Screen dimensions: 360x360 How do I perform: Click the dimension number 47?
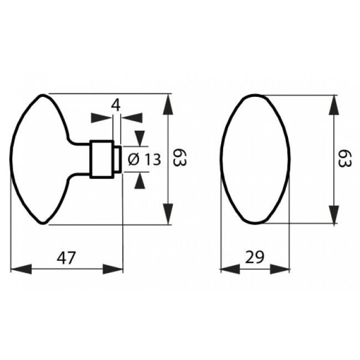(66, 258)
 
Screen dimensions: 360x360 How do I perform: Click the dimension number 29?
(255, 257)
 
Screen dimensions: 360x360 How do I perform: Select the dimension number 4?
(116, 105)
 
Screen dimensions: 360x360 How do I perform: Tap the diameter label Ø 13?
(145, 160)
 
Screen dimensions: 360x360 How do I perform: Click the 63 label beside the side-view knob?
(179, 158)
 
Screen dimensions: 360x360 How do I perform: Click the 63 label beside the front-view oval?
(344, 158)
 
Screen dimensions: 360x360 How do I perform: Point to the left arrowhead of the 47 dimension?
(21, 269)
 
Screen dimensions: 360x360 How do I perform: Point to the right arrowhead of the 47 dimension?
(113, 269)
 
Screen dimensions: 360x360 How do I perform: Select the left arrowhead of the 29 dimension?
(230, 269)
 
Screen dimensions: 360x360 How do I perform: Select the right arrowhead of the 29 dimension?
(280, 269)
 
